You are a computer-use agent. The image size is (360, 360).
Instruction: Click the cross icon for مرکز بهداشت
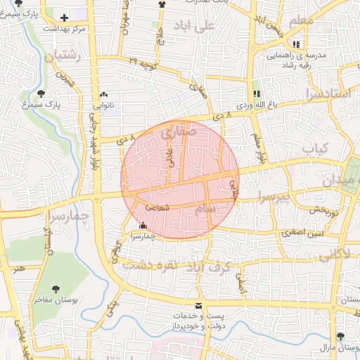pyautogui.click(x=65, y=18)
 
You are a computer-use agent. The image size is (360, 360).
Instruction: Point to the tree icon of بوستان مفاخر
pyautogui.click(x=58, y=289)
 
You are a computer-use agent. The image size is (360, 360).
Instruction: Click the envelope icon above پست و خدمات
pyautogui.click(x=198, y=307)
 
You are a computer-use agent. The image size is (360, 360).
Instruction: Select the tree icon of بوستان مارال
pyautogui.click(x=341, y=337)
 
